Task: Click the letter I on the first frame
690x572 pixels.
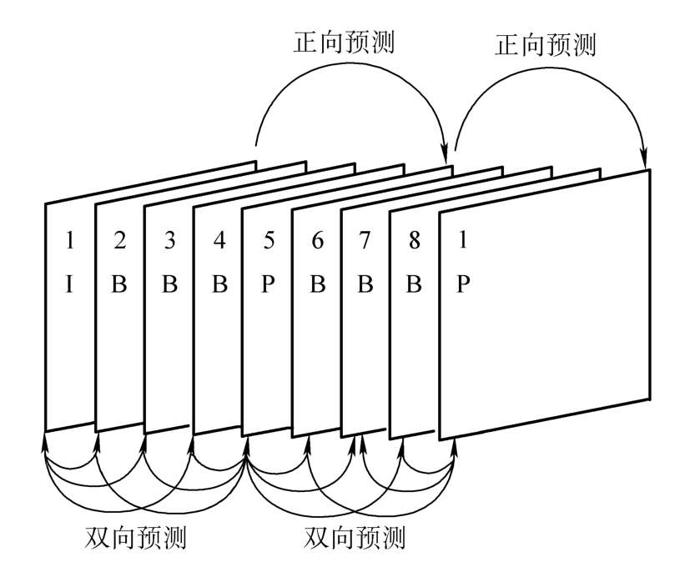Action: click(x=70, y=284)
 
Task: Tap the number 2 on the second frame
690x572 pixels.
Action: click(x=119, y=241)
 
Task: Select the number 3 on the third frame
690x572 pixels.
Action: click(x=169, y=241)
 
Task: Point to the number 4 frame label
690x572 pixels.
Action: click(x=219, y=241)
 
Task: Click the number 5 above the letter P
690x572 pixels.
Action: click(x=268, y=241)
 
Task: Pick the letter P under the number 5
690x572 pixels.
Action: click(x=268, y=284)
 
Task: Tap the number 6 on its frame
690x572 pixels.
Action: click(x=317, y=241)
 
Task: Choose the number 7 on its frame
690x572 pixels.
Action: click(x=365, y=241)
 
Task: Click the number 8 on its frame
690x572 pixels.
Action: click(x=414, y=241)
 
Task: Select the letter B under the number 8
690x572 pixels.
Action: click(x=414, y=284)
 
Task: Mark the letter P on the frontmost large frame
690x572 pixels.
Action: click(x=464, y=284)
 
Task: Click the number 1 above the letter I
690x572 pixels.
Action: click(x=70, y=241)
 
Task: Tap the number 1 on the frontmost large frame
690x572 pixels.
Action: click(x=462, y=241)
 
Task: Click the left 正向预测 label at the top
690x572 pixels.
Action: click(x=344, y=43)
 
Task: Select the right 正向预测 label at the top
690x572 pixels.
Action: click(x=546, y=43)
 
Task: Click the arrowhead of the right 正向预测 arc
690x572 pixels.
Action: click(x=644, y=160)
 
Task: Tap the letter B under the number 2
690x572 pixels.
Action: click(x=119, y=284)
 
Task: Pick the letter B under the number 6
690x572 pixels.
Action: click(x=317, y=284)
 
